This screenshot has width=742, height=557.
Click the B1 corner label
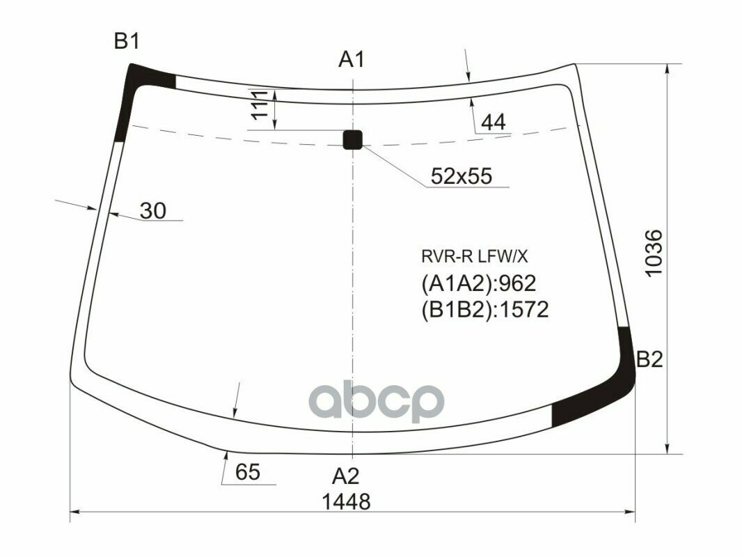click(x=127, y=42)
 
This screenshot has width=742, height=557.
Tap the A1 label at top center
click(x=352, y=61)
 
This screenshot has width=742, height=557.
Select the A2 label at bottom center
click(x=345, y=476)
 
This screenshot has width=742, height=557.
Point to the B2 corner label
click(x=649, y=360)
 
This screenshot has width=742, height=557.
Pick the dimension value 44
click(x=493, y=123)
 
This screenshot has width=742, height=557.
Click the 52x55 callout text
click(x=461, y=177)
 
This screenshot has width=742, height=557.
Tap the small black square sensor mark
click(x=353, y=139)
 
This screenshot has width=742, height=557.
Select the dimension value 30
click(x=152, y=210)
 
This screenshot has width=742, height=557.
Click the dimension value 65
click(x=247, y=473)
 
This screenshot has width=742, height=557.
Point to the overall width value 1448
click(x=346, y=501)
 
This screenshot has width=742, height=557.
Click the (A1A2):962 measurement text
click(x=477, y=284)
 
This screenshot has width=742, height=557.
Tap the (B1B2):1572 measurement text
click(x=484, y=309)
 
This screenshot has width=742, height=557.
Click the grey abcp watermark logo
click(x=377, y=402)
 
